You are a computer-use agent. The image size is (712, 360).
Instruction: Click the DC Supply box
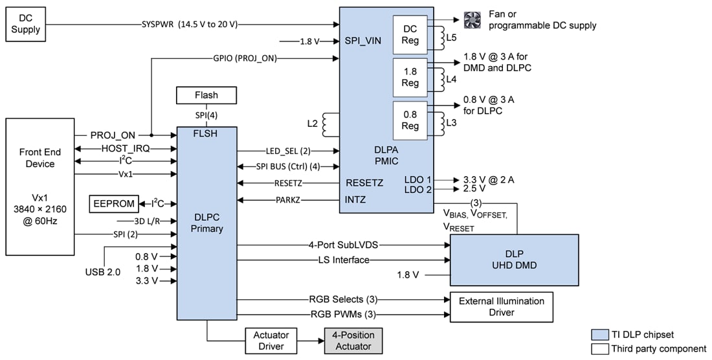click(25, 25)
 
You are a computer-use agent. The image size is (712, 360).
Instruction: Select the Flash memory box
click(206, 95)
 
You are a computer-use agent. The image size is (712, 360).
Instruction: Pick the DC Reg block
click(410, 34)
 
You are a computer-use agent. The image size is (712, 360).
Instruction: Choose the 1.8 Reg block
click(410, 77)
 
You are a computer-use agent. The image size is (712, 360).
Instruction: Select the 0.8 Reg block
click(410, 120)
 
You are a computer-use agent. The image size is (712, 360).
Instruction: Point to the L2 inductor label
click(313, 122)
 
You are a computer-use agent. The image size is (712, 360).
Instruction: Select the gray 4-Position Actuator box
click(353, 341)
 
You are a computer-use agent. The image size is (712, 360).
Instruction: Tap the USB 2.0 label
click(102, 272)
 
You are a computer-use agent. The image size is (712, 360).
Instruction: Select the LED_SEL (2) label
click(288, 151)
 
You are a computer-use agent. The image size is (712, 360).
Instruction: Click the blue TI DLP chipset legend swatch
click(600, 335)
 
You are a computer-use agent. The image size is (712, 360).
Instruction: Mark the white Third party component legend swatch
click(600, 349)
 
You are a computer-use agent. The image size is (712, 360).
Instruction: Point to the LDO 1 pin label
click(419, 179)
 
